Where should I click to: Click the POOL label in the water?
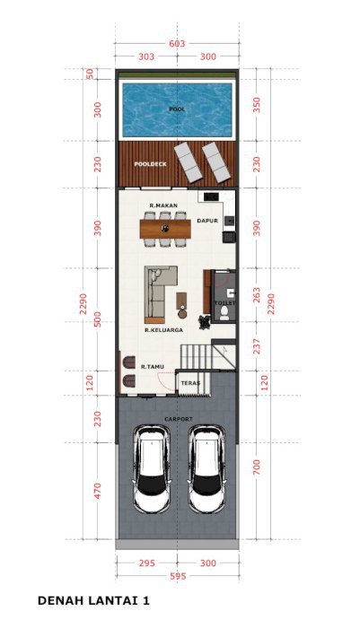(x=177, y=109)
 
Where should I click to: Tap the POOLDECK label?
(x=150, y=164)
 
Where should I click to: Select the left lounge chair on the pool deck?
(x=188, y=163)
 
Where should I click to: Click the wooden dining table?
(x=165, y=229)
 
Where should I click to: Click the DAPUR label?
(x=207, y=221)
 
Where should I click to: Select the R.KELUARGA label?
(x=164, y=330)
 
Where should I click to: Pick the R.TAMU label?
(x=153, y=366)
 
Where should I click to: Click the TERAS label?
(x=190, y=383)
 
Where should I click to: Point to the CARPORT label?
(x=179, y=419)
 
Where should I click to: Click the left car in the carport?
(x=152, y=469)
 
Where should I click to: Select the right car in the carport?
(x=206, y=469)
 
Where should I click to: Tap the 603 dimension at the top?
(x=177, y=43)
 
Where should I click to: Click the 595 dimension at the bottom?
(x=178, y=576)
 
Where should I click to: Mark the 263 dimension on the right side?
(x=257, y=295)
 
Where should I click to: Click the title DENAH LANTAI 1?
(x=93, y=601)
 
